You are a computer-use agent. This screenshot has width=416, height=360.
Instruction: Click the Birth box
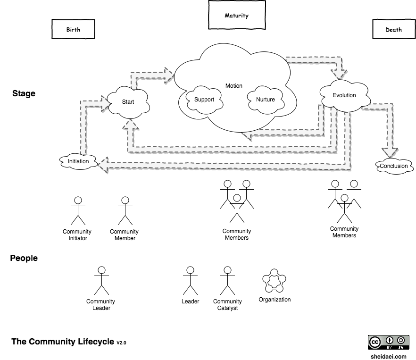[x=73, y=29]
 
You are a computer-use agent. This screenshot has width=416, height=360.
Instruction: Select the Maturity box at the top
[x=236, y=16]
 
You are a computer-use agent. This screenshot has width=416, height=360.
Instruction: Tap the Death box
[x=393, y=29]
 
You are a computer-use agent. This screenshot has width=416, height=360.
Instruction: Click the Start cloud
[x=128, y=101]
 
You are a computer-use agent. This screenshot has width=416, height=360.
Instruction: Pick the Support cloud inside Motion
[x=204, y=99]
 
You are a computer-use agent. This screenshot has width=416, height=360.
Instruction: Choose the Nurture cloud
[x=266, y=99]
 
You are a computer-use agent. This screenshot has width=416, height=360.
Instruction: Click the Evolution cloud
[x=344, y=95]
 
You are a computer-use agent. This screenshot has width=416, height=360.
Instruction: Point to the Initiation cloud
[x=78, y=161]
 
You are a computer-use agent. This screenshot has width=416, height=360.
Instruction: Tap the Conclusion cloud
[x=394, y=166]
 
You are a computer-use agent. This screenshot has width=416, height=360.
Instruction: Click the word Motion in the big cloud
[x=234, y=86]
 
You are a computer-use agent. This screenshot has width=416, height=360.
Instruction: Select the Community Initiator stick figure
[x=78, y=211]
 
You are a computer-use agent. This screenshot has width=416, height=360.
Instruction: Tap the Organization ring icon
[x=274, y=282]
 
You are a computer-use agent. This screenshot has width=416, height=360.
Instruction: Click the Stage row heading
[x=24, y=93]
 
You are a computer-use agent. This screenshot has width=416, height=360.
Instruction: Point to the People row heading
[x=24, y=258]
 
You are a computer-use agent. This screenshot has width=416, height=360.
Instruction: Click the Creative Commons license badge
[x=388, y=342]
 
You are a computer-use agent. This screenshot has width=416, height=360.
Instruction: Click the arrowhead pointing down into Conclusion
[x=390, y=153]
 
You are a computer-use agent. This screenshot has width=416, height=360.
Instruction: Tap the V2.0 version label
[x=121, y=343]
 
